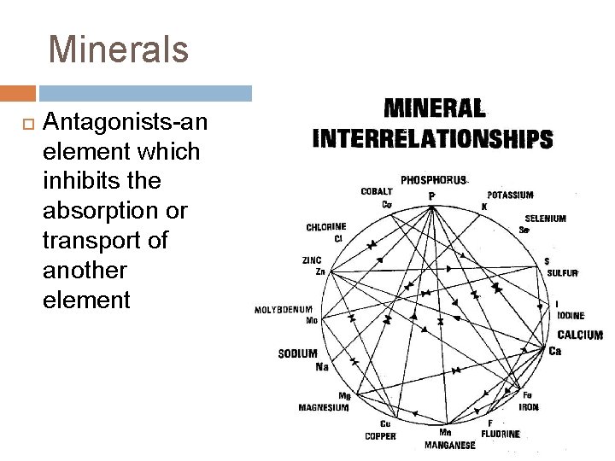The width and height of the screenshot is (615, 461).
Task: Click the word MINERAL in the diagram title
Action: click(x=435, y=108)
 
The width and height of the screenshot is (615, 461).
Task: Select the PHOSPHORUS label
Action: click(x=434, y=180)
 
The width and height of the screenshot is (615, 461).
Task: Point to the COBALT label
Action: click(x=377, y=191)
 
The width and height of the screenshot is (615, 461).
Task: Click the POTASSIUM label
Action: click(x=510, y=195)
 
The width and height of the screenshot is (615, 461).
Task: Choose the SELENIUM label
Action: click(x=545, y=219)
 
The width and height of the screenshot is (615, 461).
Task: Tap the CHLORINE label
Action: click(x=326, y=227)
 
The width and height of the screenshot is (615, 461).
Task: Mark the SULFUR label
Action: click(x=563, y=273)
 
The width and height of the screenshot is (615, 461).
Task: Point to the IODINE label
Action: click(x=571, y=316)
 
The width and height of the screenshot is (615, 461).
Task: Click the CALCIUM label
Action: click(x=580, y=336)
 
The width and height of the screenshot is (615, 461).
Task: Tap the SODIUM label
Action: click(x=297, y=353)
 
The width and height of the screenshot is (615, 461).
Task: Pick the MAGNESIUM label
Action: click(x=323, y=407)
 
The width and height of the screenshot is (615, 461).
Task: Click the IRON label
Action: click(x=529, y=407)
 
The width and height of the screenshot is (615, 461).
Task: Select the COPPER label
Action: click(x=380, y=436)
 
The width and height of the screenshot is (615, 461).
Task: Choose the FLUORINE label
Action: click(x=501, y=434)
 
